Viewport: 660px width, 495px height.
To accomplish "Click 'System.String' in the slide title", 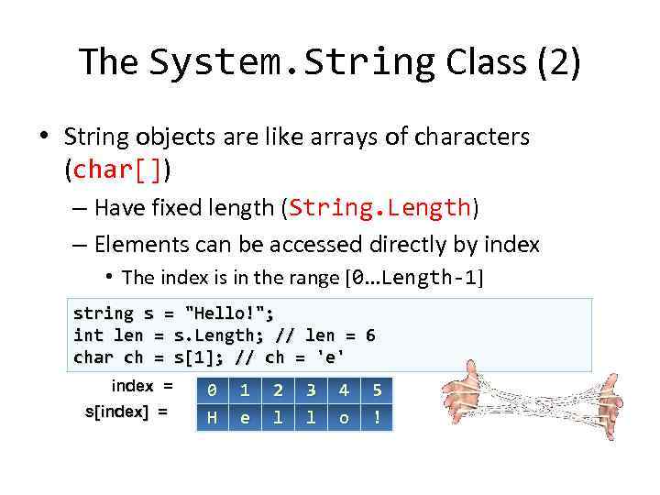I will tap(291, 62).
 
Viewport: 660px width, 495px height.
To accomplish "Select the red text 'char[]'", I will tap(121, 170).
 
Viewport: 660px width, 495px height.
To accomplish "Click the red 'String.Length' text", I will tap(380, 208).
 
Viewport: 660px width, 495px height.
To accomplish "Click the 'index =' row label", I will tap(141, 386).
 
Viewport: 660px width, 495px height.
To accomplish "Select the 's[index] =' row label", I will tap(126, 412).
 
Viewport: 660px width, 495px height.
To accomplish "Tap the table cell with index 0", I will tap(212, 390).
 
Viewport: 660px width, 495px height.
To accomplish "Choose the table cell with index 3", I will tap(311, 390).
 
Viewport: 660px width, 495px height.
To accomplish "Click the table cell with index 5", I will tap(377, 390).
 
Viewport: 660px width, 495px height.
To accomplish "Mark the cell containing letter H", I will tap(212, 417).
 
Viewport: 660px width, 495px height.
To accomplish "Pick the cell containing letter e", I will tap(245, 417).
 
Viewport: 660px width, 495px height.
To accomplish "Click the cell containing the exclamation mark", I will tap(377, 417).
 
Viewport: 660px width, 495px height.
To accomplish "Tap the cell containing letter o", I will tap(344, 417).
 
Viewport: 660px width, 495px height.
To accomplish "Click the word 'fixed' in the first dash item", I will tap(182, 208).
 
